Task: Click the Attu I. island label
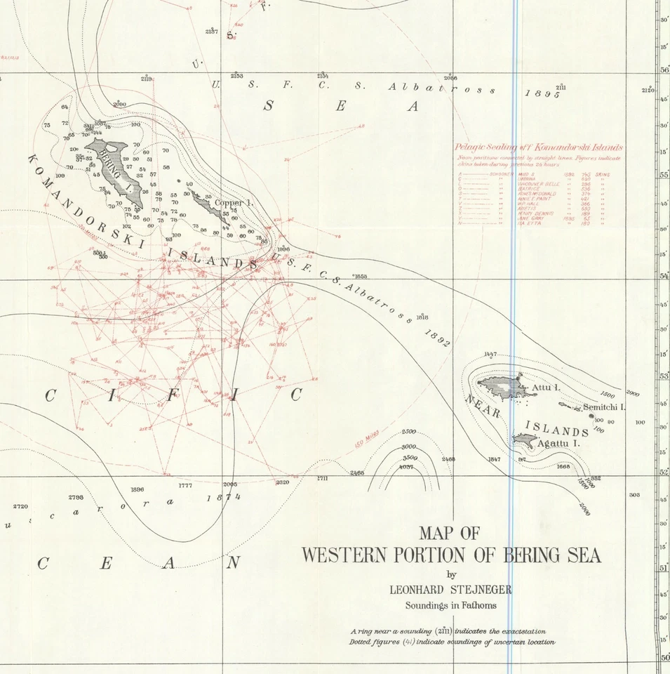coord(546,388)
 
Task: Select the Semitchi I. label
coord(603,407)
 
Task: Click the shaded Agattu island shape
coord(524,440)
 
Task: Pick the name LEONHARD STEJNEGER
coord(450,590)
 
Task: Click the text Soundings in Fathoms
coord(450,605)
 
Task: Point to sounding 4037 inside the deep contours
coord(406,467)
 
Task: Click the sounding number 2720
coord(21,506)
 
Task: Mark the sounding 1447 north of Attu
coord(490,355)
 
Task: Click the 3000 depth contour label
coord(408,447)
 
